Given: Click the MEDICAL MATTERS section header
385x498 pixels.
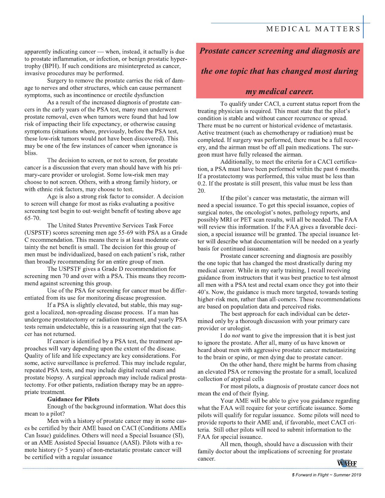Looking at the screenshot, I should [x=313, y=29].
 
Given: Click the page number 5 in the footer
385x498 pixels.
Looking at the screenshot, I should [x=293, y=475].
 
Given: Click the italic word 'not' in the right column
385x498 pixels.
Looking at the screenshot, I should [x=236, y=336].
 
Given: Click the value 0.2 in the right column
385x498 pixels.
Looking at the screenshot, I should [x=202, y=184].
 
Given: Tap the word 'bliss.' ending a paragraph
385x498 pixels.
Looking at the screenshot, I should [x=31, y=153].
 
